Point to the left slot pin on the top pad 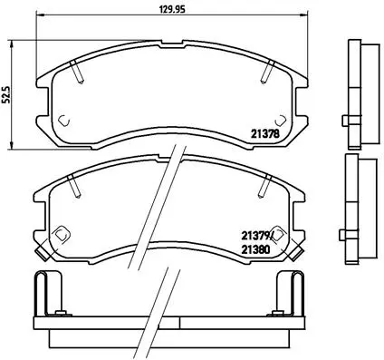[x=81, y=69]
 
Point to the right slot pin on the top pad [x=267, y=69]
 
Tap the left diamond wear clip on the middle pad [x=61, y=233]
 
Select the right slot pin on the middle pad [x=267, y=186]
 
